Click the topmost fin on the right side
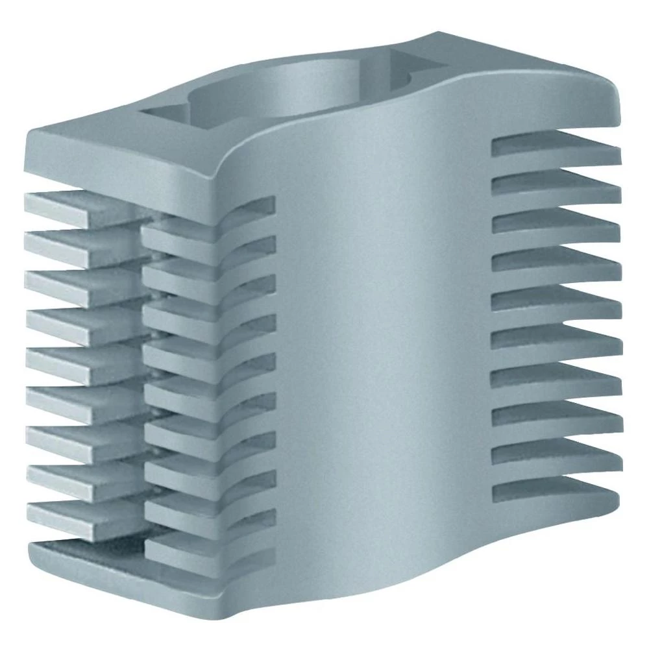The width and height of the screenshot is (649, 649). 555,146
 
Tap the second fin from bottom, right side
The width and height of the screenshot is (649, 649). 555,452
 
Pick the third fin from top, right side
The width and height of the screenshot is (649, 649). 555,222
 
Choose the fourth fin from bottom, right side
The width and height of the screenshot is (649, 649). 555,375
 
